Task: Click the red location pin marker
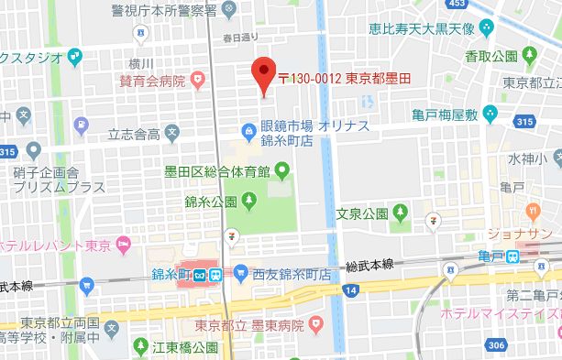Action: coord(264,73)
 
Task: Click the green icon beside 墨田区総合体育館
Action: coord(282,169)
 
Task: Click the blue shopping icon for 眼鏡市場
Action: coord(248,129)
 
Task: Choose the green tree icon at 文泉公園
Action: coord(400,213)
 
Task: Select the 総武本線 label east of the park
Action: coord(369,264)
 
